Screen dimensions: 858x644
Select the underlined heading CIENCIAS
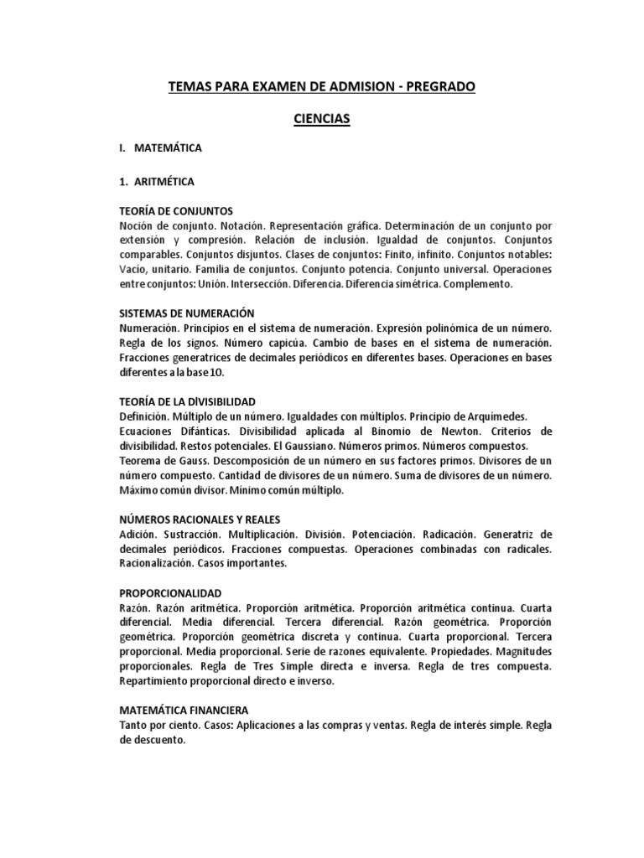(321, 120)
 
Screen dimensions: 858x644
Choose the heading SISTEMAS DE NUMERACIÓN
(186, 312)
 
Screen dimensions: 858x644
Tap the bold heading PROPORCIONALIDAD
(170, 592)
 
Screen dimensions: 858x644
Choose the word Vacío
(135, 270)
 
